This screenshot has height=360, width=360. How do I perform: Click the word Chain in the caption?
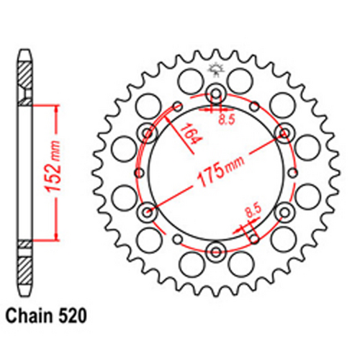tap(30, 315)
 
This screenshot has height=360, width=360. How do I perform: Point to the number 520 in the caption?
tap(75, 315)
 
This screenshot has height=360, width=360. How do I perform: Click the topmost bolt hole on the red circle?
tap(215, 93)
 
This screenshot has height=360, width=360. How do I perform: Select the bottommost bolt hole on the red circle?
tap(215, 251)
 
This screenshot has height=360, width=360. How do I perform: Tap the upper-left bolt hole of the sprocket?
tap(148, 132)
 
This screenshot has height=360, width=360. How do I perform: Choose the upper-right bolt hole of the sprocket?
tap(283, 132)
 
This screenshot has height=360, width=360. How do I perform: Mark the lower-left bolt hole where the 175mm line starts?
tap(148, 211)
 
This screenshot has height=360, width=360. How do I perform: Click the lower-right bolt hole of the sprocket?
tap(283, 211)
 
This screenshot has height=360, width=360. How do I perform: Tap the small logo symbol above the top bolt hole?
tap(215, 70)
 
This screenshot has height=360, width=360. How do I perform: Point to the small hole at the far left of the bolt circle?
tap(138, 172)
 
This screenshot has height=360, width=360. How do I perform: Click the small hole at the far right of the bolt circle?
tap(294, 172)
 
